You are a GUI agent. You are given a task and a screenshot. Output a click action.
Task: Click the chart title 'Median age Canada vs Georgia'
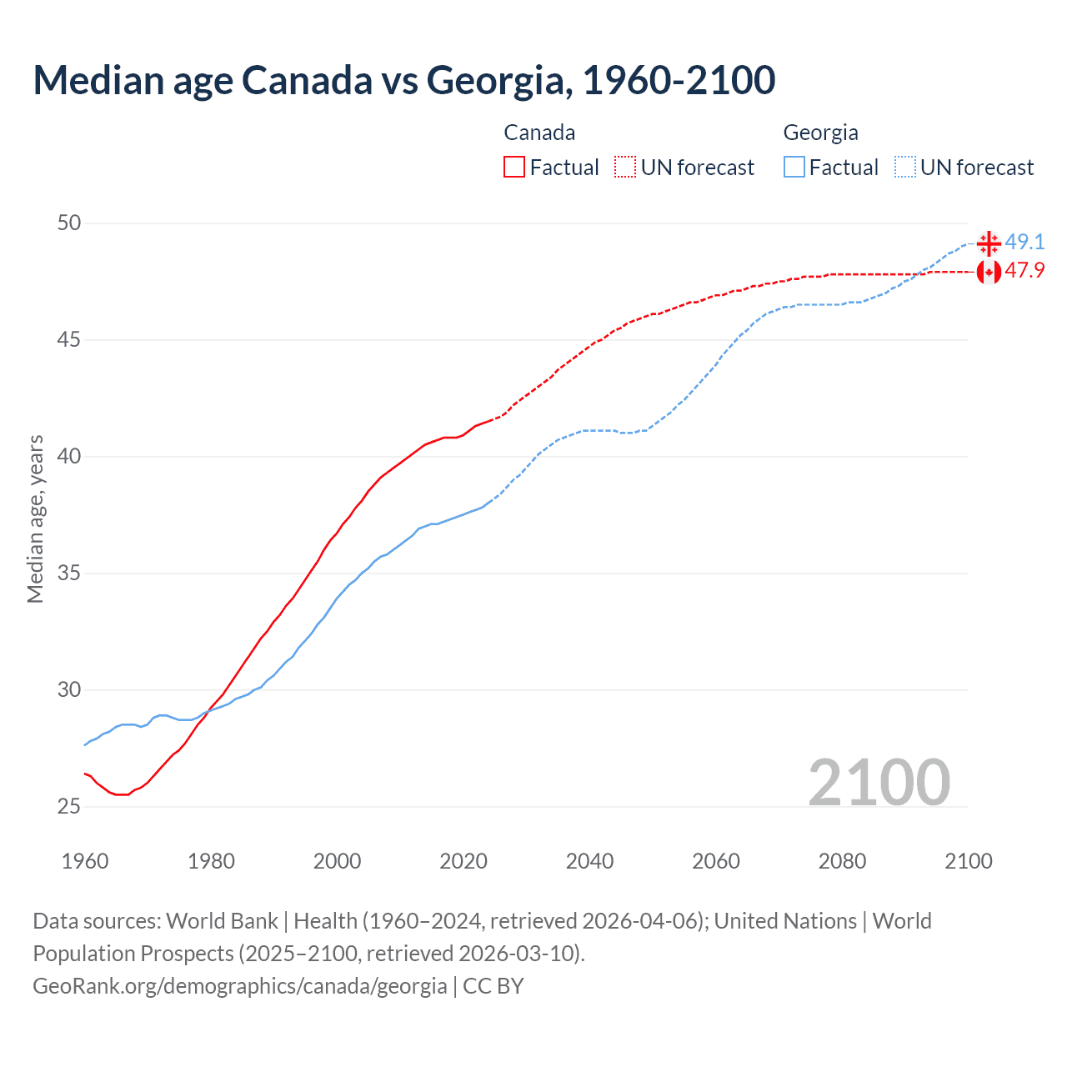(404, 80)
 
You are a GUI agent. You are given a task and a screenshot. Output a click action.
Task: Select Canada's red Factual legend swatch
(514, 168)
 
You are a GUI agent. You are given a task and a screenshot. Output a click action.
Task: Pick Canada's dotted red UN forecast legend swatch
(625, 168)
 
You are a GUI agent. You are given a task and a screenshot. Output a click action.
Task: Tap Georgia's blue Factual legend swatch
(794, 168)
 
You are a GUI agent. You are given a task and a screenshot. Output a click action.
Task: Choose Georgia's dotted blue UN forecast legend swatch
(904, 168)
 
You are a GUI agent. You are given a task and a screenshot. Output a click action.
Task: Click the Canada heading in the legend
(539, 133)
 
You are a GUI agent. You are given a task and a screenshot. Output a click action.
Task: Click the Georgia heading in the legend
(820, 133)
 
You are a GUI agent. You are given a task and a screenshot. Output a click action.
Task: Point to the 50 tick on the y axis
(69, 223)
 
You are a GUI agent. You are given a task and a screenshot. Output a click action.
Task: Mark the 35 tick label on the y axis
(69, 574)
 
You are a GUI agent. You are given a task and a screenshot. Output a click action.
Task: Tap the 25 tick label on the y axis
(69, 806)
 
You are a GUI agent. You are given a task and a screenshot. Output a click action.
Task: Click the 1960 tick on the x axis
(85, 861)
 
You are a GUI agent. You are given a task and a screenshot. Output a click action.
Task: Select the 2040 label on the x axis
(589, 861)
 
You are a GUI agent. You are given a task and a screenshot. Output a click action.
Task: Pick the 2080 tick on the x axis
(842, 861)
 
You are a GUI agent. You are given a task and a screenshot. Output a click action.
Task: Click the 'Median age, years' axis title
(35, 518)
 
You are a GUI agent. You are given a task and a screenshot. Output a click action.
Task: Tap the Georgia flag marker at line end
(989, 243)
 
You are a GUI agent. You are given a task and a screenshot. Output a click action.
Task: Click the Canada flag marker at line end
(989, 272)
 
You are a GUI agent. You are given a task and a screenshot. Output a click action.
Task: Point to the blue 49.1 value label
(1024, 242)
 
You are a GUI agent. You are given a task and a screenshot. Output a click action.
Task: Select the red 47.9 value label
(1024, 271)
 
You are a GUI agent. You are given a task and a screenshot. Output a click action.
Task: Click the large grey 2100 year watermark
(879, 782)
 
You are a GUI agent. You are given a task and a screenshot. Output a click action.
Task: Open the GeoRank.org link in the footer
(240, 986)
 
